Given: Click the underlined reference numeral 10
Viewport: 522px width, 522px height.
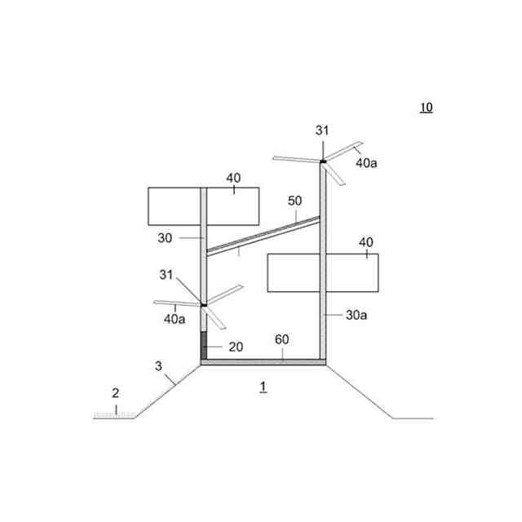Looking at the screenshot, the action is pyautogui.click(x=426, y=108).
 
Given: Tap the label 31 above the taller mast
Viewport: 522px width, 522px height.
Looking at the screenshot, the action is pyautogui.click(x=322, y=130).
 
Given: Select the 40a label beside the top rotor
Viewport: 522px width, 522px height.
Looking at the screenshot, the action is pyautogui.click(x=366, y=162).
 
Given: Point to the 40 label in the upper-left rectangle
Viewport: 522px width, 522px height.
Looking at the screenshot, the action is pyautogui.click(x=233, y=178).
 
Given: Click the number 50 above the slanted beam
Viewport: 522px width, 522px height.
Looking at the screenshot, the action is pyautogui.click(x=294, y=201).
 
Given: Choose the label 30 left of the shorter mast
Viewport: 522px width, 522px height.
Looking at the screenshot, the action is pyautogui.click(x=166, y=238).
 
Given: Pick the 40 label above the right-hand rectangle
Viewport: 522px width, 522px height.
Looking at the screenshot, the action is pyautogui.click(x=366, y=242).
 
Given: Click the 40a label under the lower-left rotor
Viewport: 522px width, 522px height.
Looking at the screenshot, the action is pyautogui.click(x=175, y=319).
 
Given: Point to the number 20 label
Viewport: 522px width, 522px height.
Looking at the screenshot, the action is pyautogui.click(x=236, y=347).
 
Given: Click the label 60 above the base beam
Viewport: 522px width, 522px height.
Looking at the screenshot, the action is pyautogui.click(x=281, y=338).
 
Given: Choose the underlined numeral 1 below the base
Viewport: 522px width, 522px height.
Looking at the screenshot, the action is pyautogui.click(x=263, y=385).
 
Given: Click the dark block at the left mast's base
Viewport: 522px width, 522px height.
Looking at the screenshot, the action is pyautogui.click(x=204, y=345).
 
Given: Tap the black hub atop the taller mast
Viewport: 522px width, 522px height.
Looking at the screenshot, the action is pyautogui.click(x=322, y=161).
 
